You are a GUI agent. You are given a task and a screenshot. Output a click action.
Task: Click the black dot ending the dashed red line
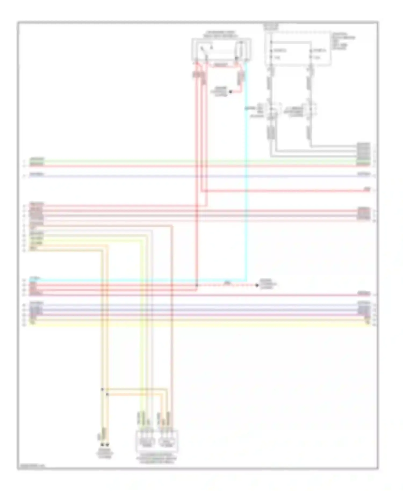pos(257,285)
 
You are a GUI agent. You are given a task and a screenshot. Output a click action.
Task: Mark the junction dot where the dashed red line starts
pos(197,285)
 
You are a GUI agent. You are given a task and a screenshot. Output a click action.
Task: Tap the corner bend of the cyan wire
pos(246,281)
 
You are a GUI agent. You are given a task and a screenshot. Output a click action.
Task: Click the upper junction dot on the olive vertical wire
pos(102,389)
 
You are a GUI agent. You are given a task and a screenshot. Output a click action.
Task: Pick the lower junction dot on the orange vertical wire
pos(107,394)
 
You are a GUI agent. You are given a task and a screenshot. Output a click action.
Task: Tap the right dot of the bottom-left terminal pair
pos(107,445)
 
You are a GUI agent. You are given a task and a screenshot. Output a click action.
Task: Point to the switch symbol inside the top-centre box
pos(204,50)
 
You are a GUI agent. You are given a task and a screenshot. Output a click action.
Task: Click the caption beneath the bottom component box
pos(157,459)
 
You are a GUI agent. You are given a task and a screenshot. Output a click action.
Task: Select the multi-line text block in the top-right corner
pos(343,41)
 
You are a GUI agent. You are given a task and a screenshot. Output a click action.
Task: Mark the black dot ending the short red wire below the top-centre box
pos(230,92)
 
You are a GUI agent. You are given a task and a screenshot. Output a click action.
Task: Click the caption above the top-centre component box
pos(220,34)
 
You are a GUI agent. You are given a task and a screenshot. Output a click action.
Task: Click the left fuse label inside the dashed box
pos(280,50)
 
